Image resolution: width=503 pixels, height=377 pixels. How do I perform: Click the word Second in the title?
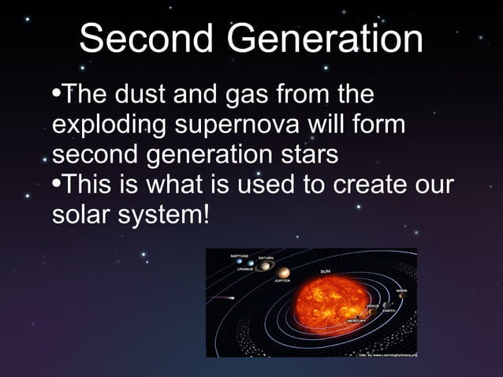coord(145,39)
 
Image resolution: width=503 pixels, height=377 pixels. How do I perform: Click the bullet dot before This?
coord(55,184)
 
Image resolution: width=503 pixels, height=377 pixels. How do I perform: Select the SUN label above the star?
coord(325,271)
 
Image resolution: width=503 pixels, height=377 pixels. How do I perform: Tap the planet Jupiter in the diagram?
coord(282,273)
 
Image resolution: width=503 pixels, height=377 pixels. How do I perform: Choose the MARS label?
coord(401,290)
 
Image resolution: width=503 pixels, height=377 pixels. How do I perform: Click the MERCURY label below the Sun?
coord(356,322)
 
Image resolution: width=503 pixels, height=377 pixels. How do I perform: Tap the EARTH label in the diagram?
coord(389,311)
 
